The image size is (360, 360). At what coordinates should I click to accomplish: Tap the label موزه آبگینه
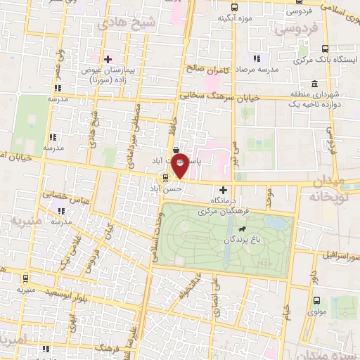pos(235,18)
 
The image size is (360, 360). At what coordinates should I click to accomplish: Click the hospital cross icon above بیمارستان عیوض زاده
pos(108,58)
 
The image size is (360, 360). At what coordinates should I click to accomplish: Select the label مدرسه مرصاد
pos(258,70)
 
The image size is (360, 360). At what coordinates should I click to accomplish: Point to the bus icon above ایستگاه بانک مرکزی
pos(324,49)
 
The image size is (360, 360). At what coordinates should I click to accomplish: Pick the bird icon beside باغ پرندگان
pos(242,229)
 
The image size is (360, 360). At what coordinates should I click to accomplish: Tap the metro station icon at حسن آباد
pos(165,178)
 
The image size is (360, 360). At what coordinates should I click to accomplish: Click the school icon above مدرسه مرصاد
pos(258,58)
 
